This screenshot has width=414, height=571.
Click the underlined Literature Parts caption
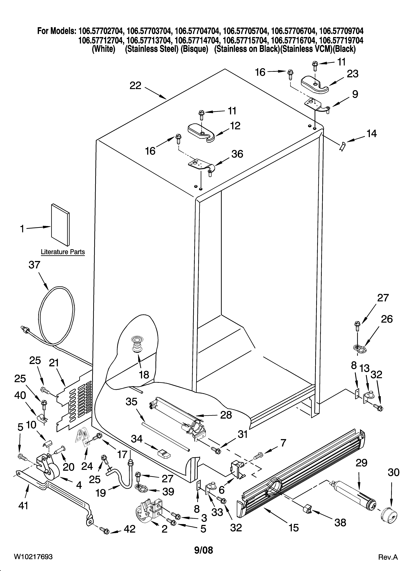tap(63, 252)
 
